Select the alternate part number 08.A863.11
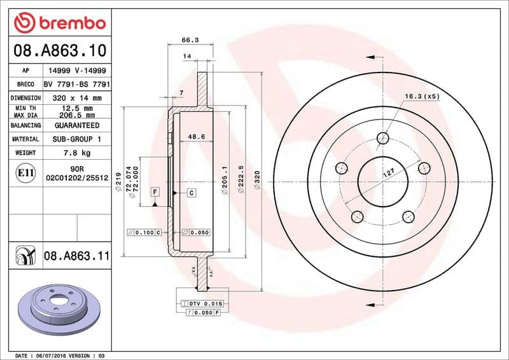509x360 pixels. coord(76,256)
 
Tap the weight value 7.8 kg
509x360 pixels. coord(76,153)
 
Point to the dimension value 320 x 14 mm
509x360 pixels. coord(76,98)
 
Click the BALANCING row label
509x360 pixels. coord(25,125)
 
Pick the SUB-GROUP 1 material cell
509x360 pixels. coord(76,139)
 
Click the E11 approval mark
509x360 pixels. coord(26,172)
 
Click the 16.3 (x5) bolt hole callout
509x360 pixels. coord(422,96)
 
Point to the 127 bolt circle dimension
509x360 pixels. coord(388,172)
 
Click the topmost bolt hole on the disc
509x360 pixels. coord(382,139)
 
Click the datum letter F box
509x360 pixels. coord(155,191)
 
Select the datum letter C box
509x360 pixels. coord(190,191)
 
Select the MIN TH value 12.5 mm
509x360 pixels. coord(76,109)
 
